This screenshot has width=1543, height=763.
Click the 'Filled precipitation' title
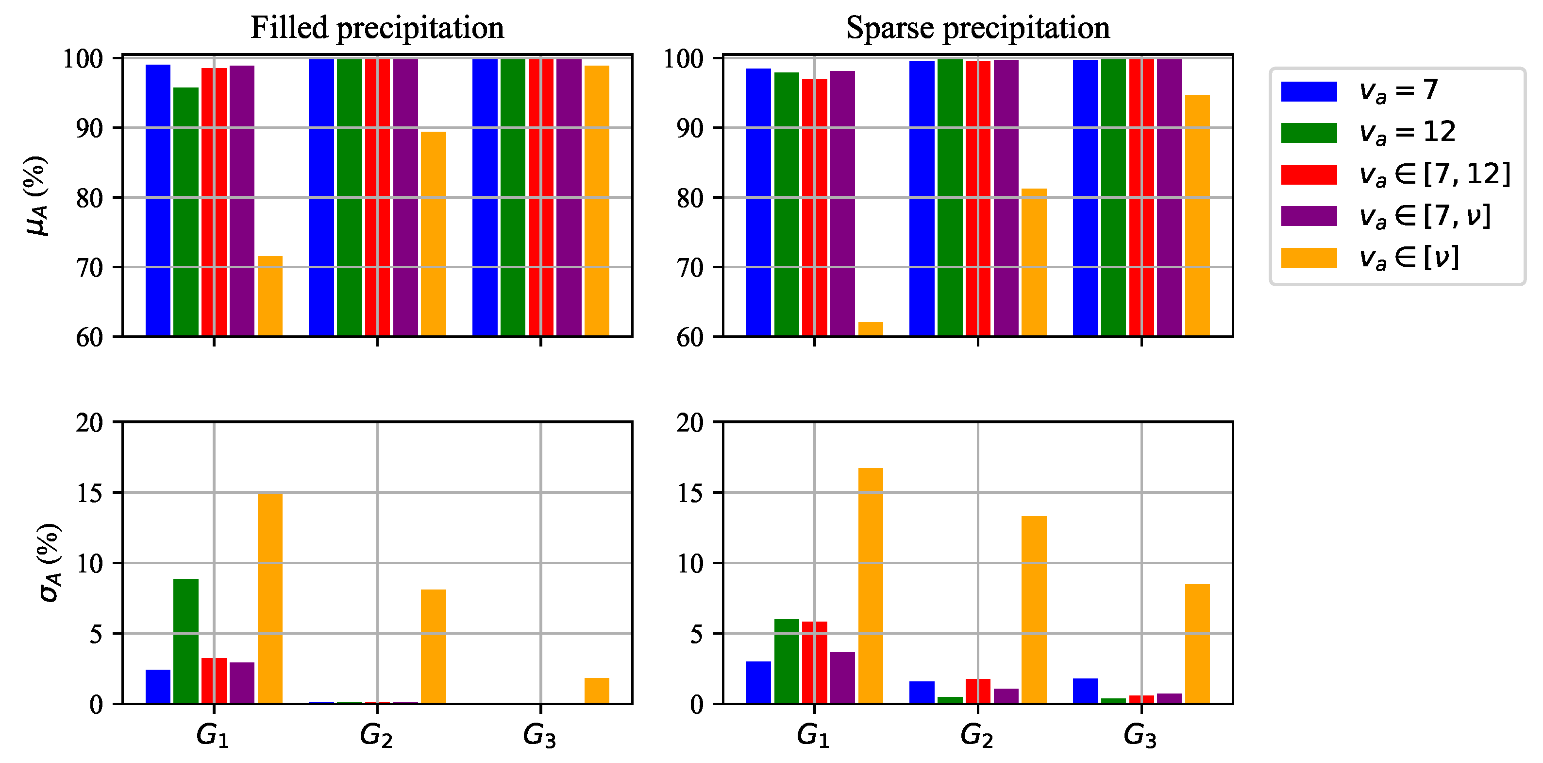(377, 28)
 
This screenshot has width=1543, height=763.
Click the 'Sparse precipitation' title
(977, 28)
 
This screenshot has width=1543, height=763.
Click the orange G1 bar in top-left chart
(269, 296)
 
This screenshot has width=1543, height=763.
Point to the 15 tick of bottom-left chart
(90, 493)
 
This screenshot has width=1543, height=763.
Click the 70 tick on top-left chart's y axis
(89, 267)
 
